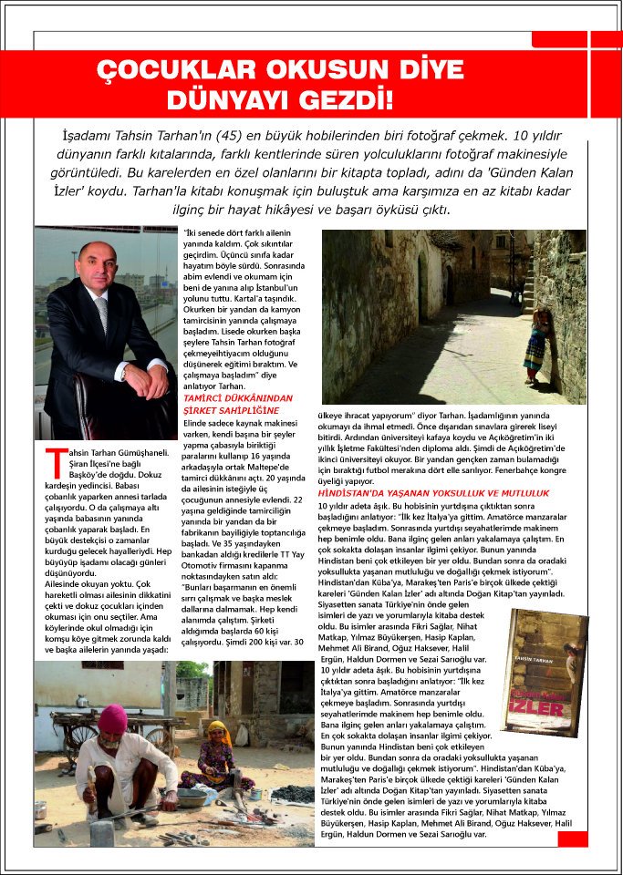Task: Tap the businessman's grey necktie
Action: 102,314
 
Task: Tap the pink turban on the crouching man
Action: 112,719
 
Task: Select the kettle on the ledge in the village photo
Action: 82,700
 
